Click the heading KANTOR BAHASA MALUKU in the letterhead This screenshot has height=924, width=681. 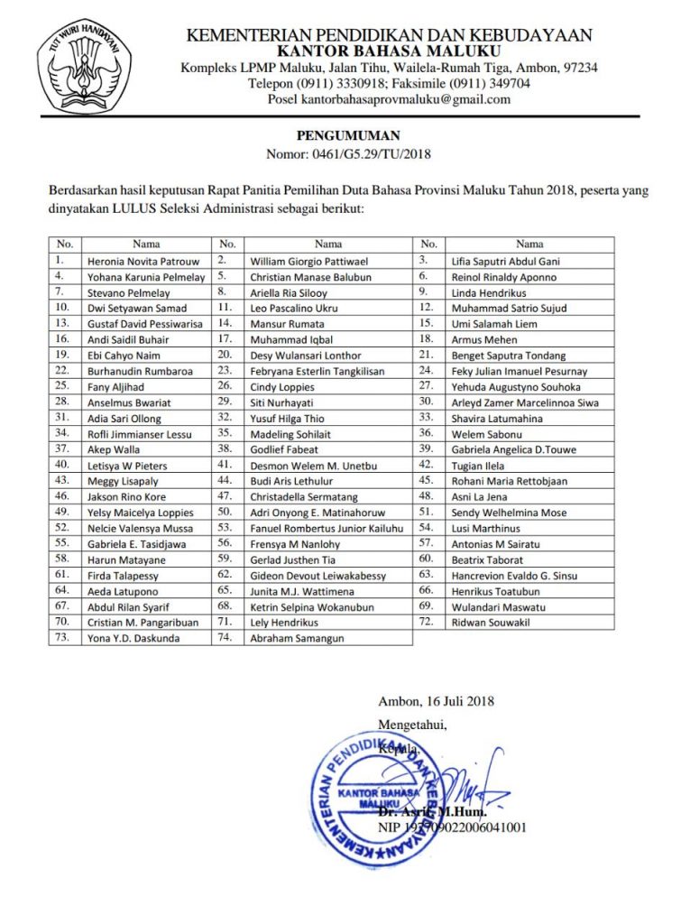[x=389, y=51]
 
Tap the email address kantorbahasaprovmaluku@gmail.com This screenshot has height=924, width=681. [x=389, y=99]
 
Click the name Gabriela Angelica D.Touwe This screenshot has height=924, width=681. [x=519, y=449]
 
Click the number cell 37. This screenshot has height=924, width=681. [x=63, y=449]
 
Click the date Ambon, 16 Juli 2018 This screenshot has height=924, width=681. [x=437, y=700]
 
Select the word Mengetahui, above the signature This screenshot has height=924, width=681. [x=411, y=724]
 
